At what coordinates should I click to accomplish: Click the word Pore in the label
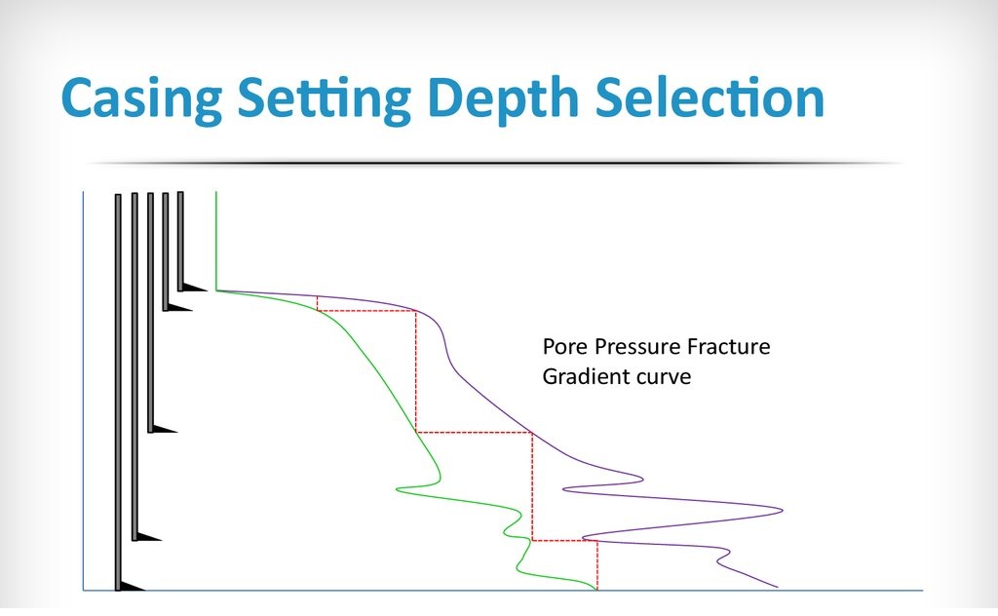(x=561, y=347)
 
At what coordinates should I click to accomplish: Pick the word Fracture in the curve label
(x=730, y=347)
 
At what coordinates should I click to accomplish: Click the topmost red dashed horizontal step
(x=366, y=311)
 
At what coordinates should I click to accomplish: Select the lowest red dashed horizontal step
(x=564, y=540)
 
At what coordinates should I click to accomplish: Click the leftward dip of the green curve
(x=399, y=487)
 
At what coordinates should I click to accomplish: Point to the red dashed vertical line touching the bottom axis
(x=596, y=565)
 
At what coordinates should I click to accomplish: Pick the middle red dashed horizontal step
(x=474, y=432)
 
